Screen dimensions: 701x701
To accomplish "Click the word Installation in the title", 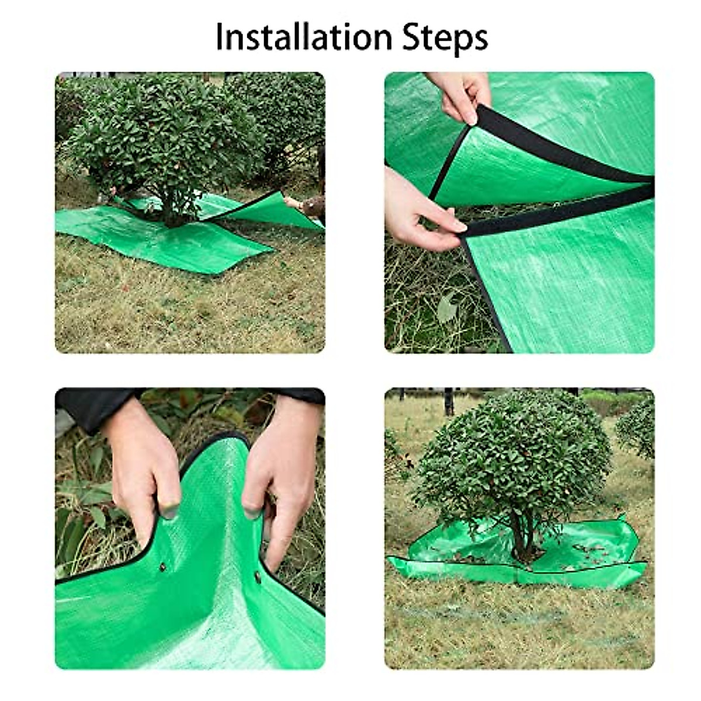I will click(x=304, y=37).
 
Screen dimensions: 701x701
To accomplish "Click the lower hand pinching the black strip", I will click(x=418, y=210).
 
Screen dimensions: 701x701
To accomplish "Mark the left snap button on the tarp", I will click(x=164, y=567).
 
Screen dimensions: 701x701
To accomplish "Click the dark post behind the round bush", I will click(x=448, y=402).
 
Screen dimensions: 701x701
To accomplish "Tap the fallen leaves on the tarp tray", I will click(x=590, y=549).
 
